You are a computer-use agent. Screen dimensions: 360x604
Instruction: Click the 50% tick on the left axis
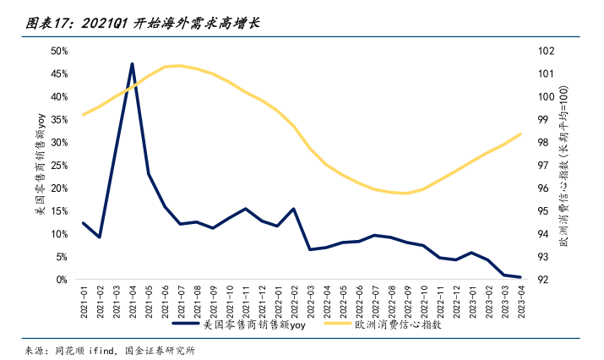(x=59, y=51)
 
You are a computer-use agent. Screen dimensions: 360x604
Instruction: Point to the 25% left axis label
(x=59, y=165)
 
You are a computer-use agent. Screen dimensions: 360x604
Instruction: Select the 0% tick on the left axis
(x=63, y=279)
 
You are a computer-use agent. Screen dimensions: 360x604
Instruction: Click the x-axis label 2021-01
(x=84, y=301)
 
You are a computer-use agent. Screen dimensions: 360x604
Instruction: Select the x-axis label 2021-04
(x=133, y=301)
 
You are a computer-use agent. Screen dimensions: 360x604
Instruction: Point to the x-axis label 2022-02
(x=293, y=301)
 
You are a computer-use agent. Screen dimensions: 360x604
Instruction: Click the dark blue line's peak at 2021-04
(x=133, y=63)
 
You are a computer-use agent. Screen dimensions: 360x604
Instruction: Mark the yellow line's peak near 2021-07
(x=179, y=65)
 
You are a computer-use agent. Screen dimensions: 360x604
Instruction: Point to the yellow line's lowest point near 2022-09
(x=406, y=193)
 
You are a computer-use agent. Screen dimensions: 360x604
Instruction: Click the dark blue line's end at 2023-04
(x=520, y=277)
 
